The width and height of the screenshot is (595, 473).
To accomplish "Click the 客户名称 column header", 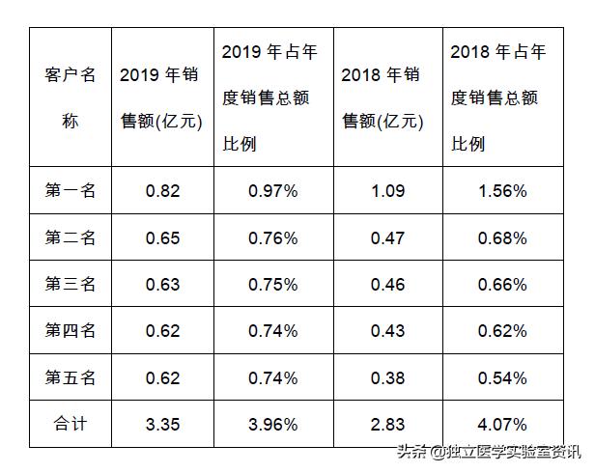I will pyautogui.click(x=71, y=97).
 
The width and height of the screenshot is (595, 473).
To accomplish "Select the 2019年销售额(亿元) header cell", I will pyautogui.click(x=162, y=97).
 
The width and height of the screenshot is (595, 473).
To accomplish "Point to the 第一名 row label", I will pyautogui.click(x=71, y=190).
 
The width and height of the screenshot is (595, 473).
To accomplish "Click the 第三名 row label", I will pyautogui.click(x=71, y=284).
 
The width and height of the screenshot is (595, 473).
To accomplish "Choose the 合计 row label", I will pyautogui.click(x=71, y=424).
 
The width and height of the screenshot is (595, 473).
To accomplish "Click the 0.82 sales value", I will pyautogui.click(x=162, y=190).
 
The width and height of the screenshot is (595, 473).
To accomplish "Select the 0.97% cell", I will pyautogui.click(x=272, y=190).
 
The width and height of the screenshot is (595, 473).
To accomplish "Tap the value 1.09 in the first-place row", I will pyautogui.click(x=387, y=190).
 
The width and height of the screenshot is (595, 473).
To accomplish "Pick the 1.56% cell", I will pyautogui.click(x=502, y=190).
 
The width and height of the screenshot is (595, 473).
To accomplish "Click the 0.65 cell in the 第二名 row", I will pyautogui.click(x=162, y=237).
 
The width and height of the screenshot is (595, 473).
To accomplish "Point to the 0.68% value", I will pyautogui.click(x=502, y=237).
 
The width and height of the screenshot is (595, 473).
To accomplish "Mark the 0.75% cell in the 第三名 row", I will pyautogui.click(x=272, y=284).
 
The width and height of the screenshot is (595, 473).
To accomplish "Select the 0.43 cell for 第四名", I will pyautogui.click(x=387, y=331).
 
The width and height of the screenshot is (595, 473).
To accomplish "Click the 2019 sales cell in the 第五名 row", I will pyautogui.click(x=162, y=377).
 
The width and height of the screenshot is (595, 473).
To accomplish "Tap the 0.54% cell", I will pyautogui.click(x=502, y=377).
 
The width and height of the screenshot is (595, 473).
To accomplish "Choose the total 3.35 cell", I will pyautogui.click(x=162, y=424).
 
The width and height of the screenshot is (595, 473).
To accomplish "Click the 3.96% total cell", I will pyautogui.click(x=272, y=424).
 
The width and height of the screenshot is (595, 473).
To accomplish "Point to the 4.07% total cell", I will pyautogui.click(x=502, y=424).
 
